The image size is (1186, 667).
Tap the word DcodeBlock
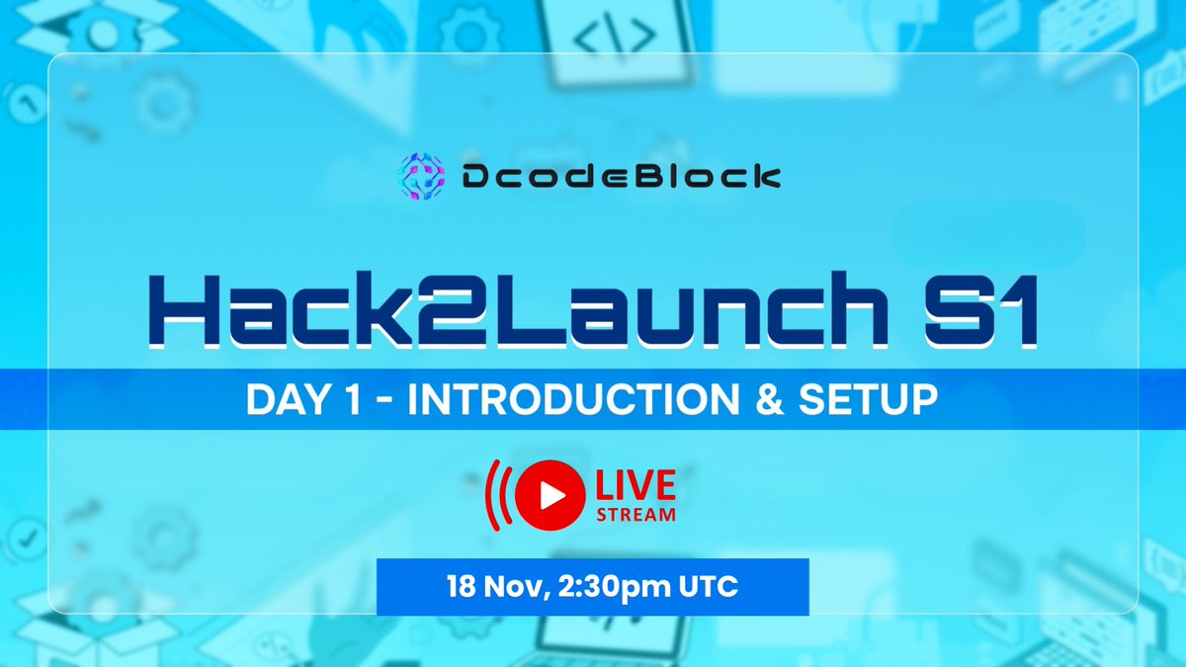(621, 178)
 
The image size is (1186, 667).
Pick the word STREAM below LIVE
(634, 514)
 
